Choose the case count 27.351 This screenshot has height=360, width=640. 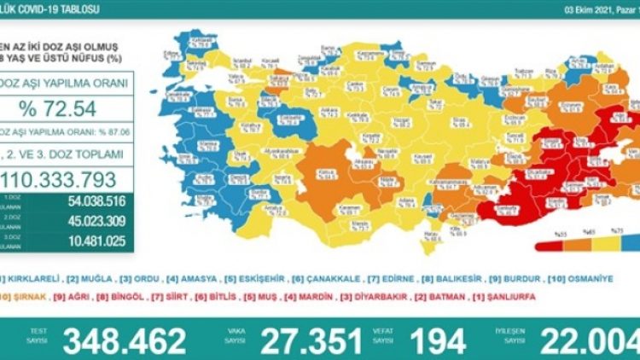point(313,340)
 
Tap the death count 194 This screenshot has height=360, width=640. point(436,340)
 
